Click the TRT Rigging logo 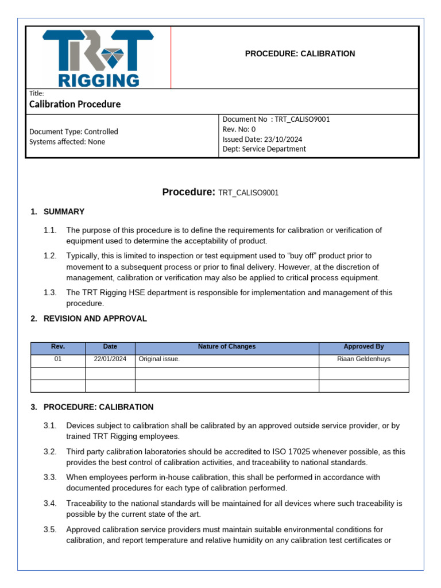98,59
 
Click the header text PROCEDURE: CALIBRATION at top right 300,53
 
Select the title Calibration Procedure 75,105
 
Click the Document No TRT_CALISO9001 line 276,119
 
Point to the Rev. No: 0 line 239,129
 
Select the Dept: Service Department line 264,149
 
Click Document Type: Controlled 73,131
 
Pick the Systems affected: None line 67,142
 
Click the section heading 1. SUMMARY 57,211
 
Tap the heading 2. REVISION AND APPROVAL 89,319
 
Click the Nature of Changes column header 227,347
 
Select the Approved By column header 363,347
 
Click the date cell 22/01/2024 110,359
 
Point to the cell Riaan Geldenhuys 363,359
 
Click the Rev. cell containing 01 58,359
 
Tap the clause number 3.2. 50,451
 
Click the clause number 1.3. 50,292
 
